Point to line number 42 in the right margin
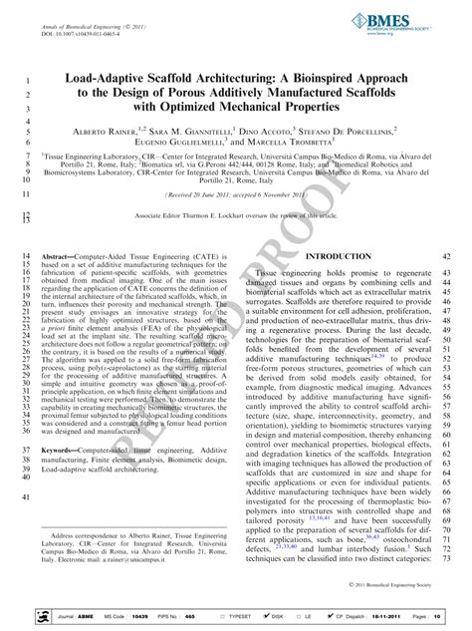click(446, 256)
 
